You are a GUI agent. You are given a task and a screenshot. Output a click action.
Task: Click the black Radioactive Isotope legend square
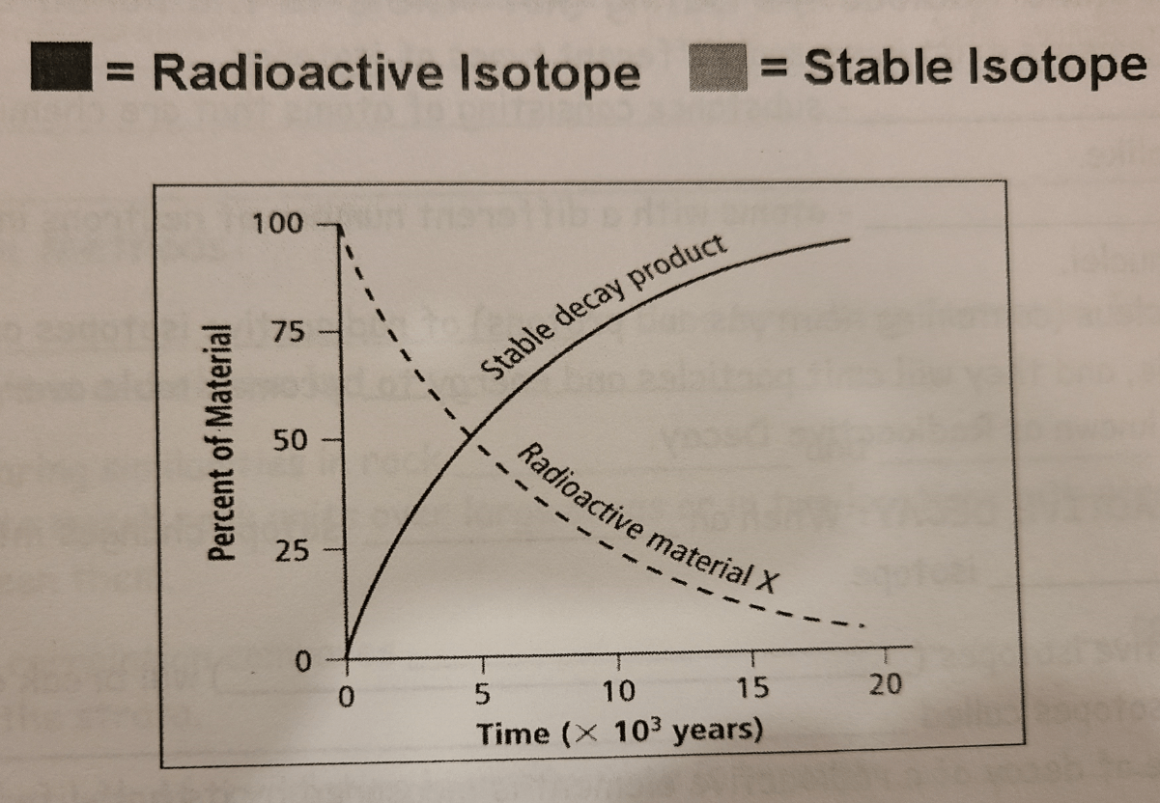click(60, 69)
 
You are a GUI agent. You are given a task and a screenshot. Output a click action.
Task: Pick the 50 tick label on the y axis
click(291, 441)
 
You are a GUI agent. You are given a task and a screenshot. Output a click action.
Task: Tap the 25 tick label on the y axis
click(291, 552)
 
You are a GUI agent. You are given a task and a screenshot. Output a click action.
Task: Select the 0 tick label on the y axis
click(302, 663)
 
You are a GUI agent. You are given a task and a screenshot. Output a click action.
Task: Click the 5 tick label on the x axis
click(482, 693)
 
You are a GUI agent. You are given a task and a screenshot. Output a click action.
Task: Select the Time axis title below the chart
click(619, 732)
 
